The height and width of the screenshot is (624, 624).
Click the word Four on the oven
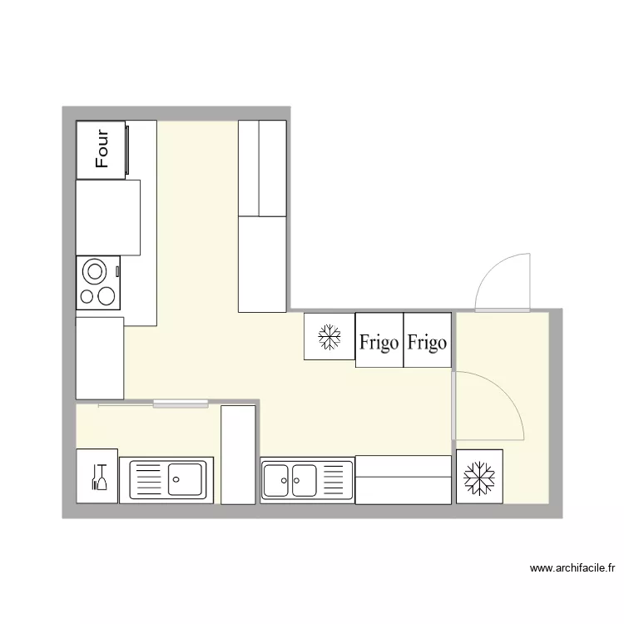tap(102, 149)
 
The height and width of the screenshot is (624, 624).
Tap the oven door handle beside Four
tap(127, 150)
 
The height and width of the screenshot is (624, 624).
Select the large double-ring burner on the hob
tap(95, 271)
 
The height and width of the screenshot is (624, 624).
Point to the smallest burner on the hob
tap(86, 295)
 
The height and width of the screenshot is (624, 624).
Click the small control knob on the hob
tap(117, 270)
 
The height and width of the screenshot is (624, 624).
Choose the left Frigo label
tap(379, 342)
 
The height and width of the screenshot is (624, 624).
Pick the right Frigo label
tap(427, 342)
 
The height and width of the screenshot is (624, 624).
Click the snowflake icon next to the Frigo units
tap(329, 337)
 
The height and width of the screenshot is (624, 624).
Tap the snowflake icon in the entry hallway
tap(479, 478)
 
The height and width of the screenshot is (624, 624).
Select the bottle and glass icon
tap(98, 478)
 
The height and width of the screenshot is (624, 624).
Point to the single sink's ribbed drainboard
tap(148, 479)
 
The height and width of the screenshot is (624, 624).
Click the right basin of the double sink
tap(304, 480)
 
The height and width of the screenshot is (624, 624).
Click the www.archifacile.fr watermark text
tap(572, 569)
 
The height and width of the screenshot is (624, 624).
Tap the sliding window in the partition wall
tap(181, 404)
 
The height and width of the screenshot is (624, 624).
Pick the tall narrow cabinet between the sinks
tap(238, 454)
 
